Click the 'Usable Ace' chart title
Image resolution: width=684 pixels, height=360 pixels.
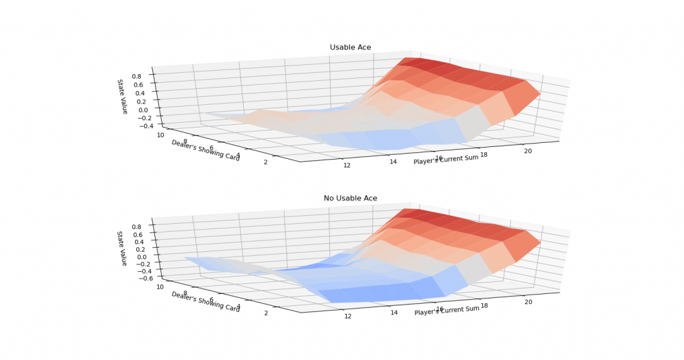pos(350,47)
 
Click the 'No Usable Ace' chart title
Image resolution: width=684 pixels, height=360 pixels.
pos(350,198)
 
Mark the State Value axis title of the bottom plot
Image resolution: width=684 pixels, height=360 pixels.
pos(122,248)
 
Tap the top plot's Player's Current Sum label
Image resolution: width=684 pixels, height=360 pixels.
pos(446,160)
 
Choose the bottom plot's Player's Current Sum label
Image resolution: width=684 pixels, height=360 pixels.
pos(446,310)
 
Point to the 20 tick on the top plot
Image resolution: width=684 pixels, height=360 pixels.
pos(528,151)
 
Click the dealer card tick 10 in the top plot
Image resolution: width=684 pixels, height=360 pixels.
pos(161,134)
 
